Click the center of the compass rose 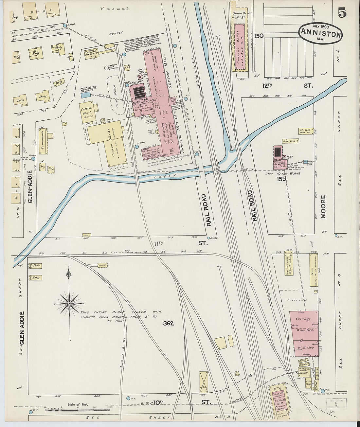point(69,304)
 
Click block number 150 point(259,36)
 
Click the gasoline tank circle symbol point(106,68)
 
